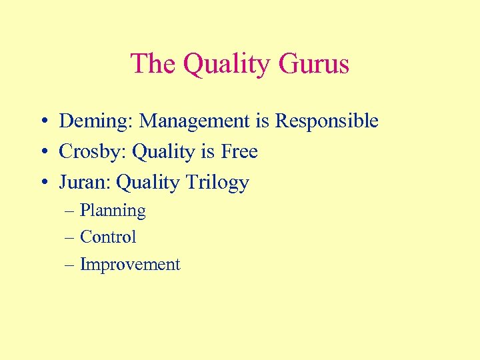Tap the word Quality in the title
coord(225,65)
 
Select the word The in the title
coord(153,65)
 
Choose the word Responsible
coord(327,121)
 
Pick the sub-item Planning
coord(113,211)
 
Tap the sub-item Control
coord(108,237)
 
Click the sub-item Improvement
coord(130,265)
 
